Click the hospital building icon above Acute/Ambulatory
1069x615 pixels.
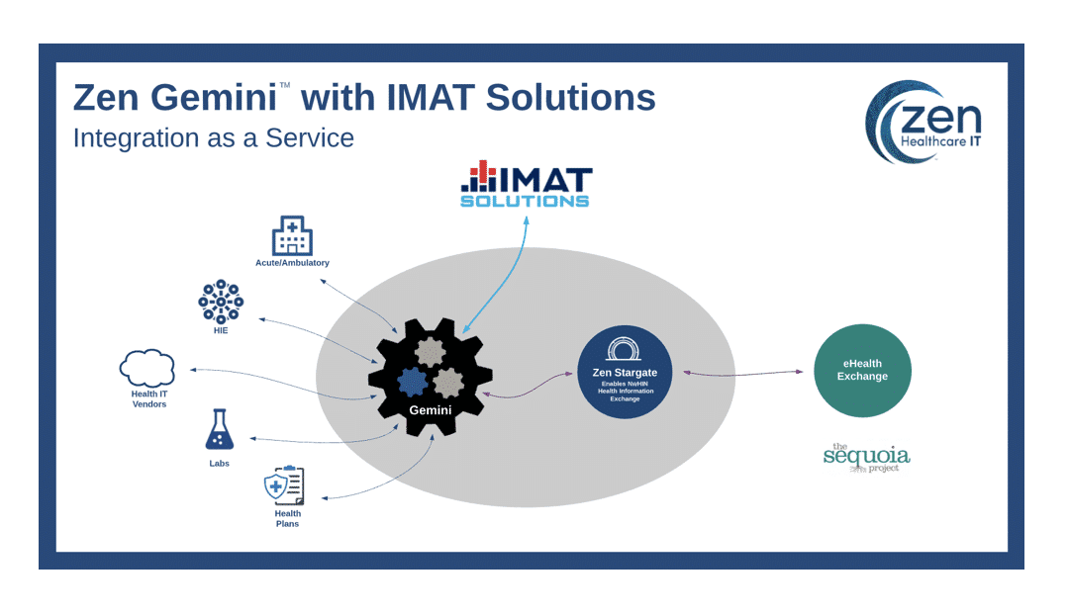coord(292,236)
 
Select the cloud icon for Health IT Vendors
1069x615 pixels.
coord(147,368)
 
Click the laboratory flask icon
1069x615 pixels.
coord(220,430)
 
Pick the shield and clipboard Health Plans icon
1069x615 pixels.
coord(284,485)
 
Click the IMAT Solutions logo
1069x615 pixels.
coord(526,186)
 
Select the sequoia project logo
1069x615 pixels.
coord(866,457)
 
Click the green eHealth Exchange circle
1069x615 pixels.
coord(862,371)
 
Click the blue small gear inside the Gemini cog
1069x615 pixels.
coord(411,380)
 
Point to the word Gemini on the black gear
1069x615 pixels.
coord(431,408)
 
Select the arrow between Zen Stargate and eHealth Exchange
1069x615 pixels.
coord(742,373)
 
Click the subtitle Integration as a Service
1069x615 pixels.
coord(213,137)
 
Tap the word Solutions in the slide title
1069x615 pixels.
coord(573,98)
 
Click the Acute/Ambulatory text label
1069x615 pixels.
coord(292,263)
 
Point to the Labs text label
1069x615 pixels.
coord(219,463)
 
